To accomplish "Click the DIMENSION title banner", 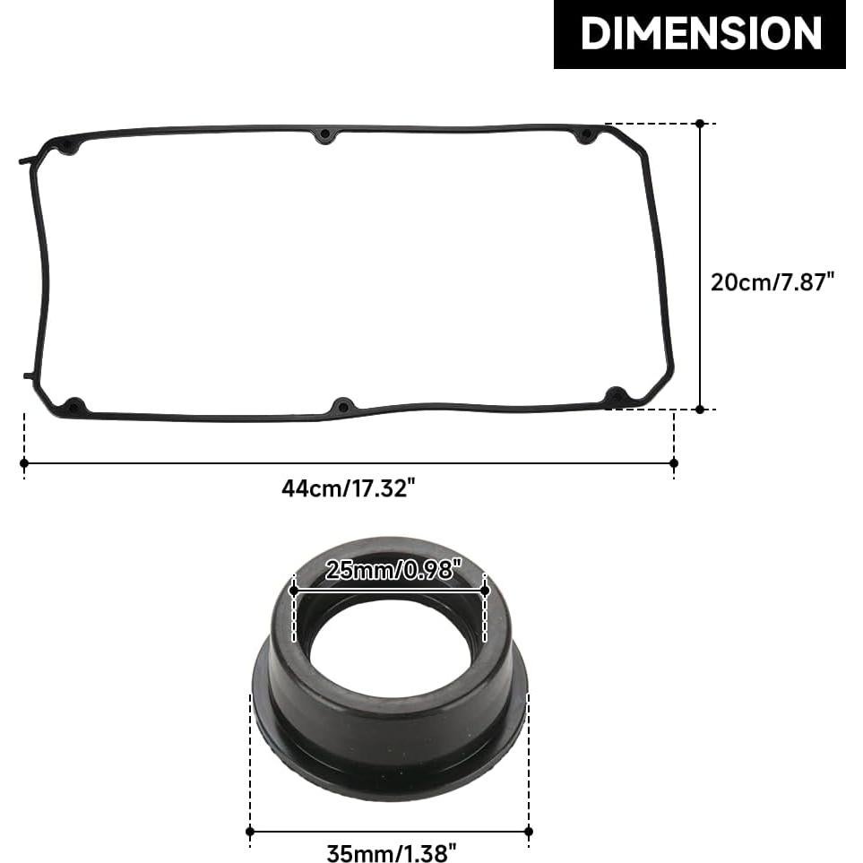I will [x=700, y=34].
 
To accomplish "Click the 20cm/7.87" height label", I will [x=772, y=281].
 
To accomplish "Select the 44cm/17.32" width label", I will [x=349, y=488].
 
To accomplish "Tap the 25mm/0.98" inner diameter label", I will [x=393, y=569].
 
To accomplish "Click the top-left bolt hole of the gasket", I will [x=68, y=145].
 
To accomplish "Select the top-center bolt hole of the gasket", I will [x=325, y=136].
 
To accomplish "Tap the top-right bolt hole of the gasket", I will [x=585, y=136].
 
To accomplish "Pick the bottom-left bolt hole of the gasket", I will [x=75, y=405].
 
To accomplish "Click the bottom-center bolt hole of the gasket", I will [x=341, y=407].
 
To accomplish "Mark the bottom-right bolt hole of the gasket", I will [x=616, y=395].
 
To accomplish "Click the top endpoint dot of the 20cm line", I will [x=700, y=123].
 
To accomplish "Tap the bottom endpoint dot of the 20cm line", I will [x=700, y=410].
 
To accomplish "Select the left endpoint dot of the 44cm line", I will [x=24, y=462].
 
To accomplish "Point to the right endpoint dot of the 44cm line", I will [x=674, y=462].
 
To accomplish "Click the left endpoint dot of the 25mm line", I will [x=294, y=591].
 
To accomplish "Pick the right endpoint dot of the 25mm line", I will [x=485, y=591].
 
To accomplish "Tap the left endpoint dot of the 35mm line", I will [x=250, y=832].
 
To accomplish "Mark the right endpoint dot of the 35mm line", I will [x=528, y=832].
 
